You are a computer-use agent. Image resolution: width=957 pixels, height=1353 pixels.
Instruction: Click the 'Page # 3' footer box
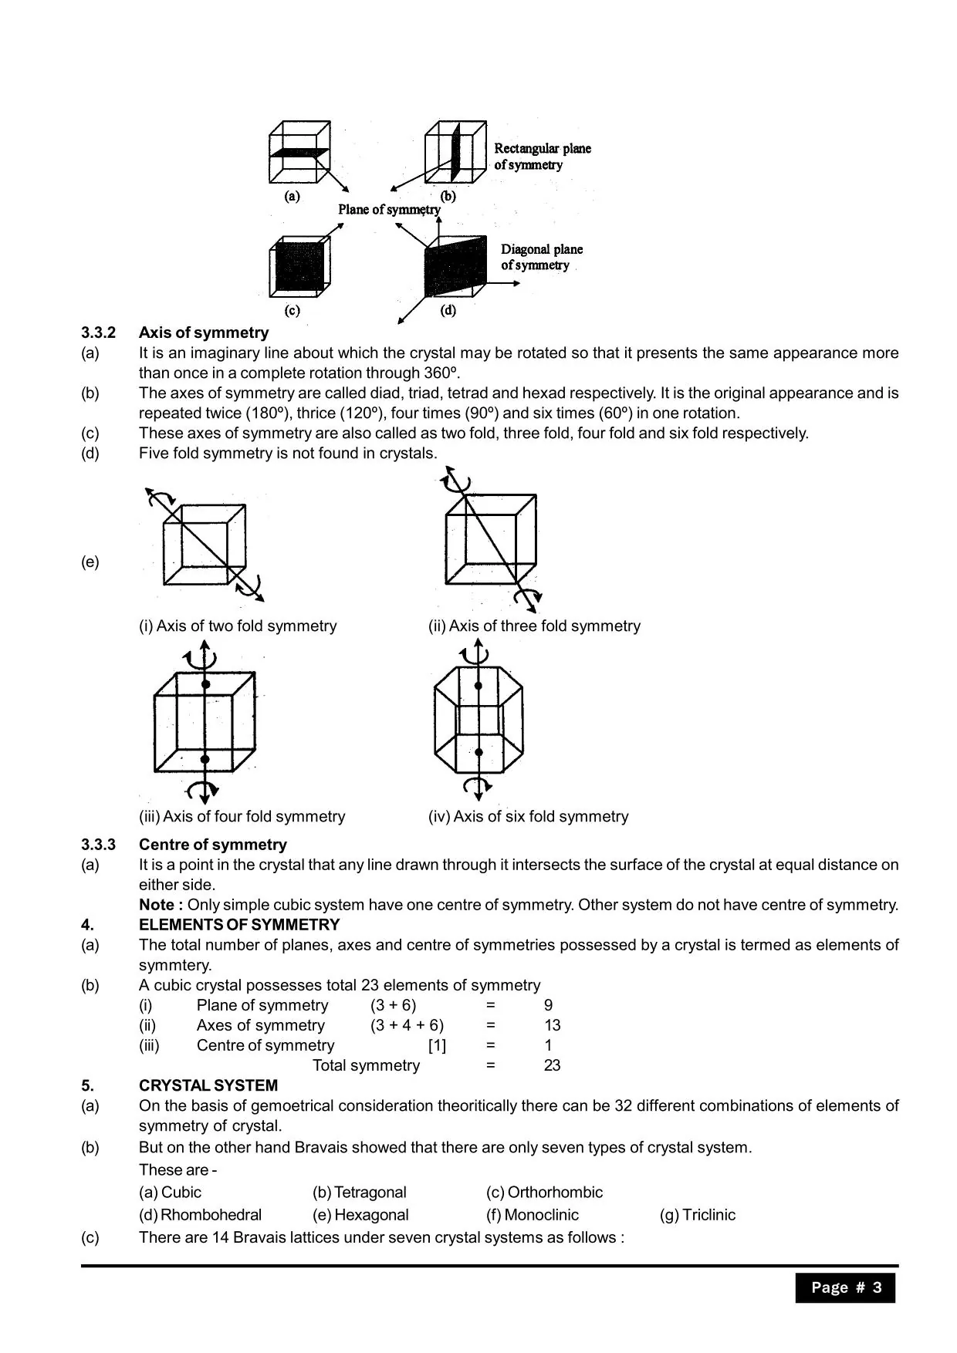(845, 1287)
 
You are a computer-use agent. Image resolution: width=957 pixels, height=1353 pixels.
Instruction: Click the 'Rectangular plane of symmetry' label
(542, 157)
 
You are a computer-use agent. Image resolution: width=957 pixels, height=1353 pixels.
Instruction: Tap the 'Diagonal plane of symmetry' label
(541, 257)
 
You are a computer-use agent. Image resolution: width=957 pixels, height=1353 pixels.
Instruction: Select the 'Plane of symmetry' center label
(389, 210)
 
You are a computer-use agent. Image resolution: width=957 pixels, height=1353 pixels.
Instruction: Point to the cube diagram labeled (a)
(299, 152)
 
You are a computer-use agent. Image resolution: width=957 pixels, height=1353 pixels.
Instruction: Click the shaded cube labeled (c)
(299, 266)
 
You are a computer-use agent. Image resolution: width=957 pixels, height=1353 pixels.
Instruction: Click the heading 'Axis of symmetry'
(204, 332)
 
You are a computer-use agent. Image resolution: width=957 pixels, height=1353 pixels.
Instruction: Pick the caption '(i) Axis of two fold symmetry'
(238, 626)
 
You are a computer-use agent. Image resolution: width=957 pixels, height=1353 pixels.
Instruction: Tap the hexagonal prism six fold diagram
(478, 719)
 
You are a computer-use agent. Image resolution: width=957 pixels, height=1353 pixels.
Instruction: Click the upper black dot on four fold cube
(205, 685)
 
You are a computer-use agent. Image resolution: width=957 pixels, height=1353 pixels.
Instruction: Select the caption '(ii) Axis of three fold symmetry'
(534, 626)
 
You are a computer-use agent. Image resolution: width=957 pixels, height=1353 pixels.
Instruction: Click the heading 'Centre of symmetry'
(212, 845)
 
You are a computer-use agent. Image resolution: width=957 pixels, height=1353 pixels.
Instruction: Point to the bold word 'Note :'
(161, 905)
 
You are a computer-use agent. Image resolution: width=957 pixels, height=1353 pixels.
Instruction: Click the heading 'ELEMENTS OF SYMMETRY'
(239, 925)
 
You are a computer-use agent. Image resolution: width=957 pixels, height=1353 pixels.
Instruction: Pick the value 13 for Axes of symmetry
(552, 1025)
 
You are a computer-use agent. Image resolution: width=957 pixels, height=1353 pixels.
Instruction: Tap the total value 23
(552, 1065)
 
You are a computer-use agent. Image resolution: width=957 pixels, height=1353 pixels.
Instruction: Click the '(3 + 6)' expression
(393, 1005)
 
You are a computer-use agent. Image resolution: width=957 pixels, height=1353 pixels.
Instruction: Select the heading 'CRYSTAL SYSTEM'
(208, 1085)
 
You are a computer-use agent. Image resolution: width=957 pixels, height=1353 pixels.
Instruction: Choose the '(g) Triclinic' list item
(697, 1215)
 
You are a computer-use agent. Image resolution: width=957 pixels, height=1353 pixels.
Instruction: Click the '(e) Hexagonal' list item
(360, 1215)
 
